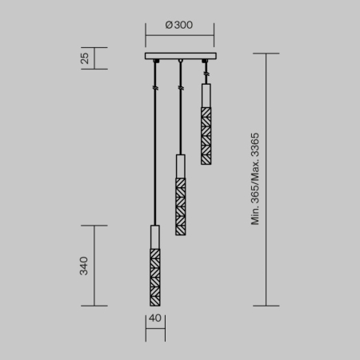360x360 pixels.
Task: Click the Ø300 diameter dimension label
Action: [x=179, y=25]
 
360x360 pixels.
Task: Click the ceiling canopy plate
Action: [x=180, y=56]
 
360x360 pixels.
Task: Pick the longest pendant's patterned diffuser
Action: [x=154, y=277]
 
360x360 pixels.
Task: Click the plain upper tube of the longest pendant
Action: [x=154, y=237]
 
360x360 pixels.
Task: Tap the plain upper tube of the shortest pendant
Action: [x=206, y=94]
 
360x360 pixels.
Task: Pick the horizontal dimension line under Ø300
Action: [x=179, y=34]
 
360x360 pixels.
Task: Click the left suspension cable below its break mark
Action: [x=154, y=160]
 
